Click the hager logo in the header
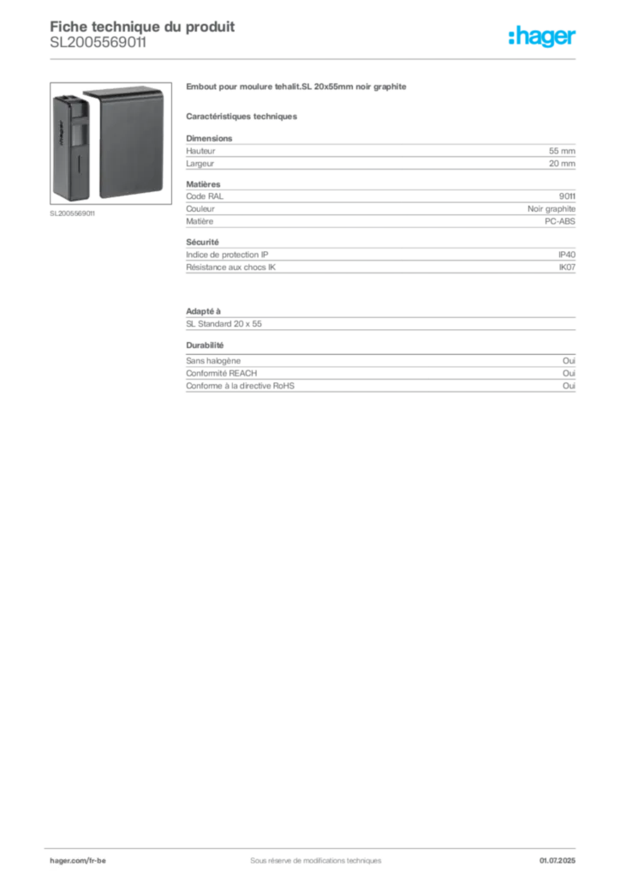(x=541, y=36)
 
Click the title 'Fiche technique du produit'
(x=142, y=27)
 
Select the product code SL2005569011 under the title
(x=98, y=43)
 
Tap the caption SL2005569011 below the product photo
(x=72, y=213)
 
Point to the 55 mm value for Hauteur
(x=562, y=151)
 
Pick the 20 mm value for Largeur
(x=562, y=164)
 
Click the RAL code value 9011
(x=567, y=196)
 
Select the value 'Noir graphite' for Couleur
(x=551, y=209)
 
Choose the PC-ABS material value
(x=559, y=221)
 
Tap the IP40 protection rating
(x=566, y=254)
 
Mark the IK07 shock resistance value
(x=567, y=268)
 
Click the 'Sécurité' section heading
(x=202, y=242)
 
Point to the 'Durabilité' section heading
(x=205, y=345)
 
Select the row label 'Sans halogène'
(x=213, y=361)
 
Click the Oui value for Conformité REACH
(x=569, y=373)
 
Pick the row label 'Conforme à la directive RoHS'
(x=240, y=386)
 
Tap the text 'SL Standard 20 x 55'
(x=224, y=323)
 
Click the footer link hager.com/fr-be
(x=78, y=861)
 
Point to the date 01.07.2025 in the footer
(x=557, y=861)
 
